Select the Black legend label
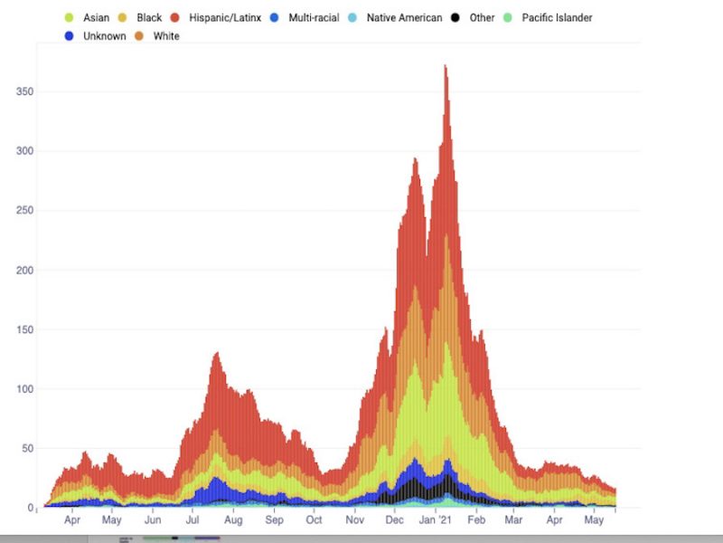point(149,17)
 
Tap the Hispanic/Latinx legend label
point(225,17)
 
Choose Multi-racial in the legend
point(315,17)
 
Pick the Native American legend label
point(404,17)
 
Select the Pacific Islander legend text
point(557,17)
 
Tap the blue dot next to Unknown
point(70,36)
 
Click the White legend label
point(166,36)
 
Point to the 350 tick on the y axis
point(25,92)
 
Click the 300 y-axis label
point(25,151)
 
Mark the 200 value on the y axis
point(25,271)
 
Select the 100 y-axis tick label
point(25,389)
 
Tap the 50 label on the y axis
point(28,449)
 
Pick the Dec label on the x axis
point(395,520)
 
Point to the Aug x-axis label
point(233,520)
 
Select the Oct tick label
point(314,520)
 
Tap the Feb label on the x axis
point(476,520)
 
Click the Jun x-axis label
point(153,520)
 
